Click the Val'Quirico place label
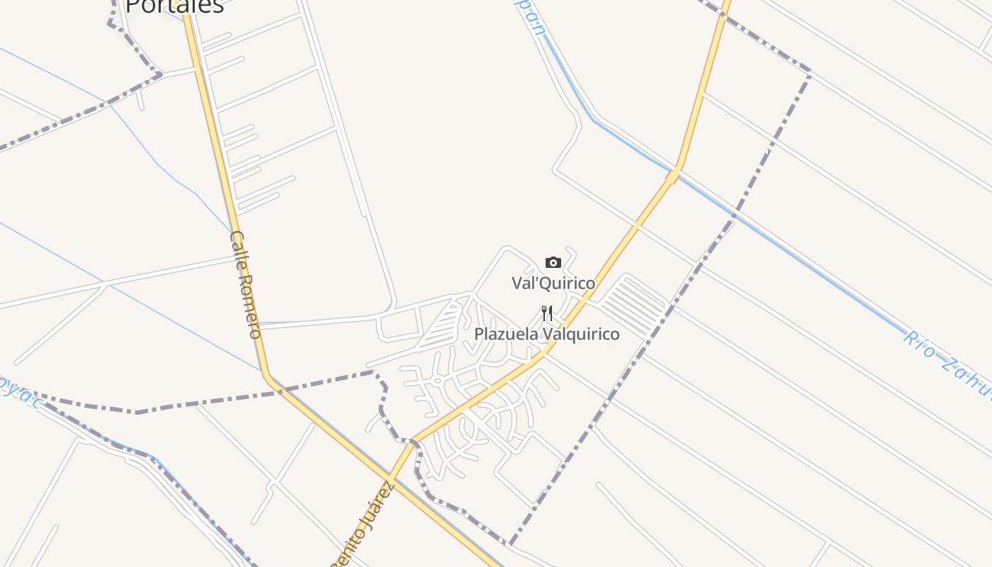553,283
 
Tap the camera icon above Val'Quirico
553,263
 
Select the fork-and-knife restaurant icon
547,313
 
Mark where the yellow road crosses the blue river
672,173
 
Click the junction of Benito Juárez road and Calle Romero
390,475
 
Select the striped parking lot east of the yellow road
633,305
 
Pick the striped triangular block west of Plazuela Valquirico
440,326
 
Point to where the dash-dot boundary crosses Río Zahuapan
735,214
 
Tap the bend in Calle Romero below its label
267,375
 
